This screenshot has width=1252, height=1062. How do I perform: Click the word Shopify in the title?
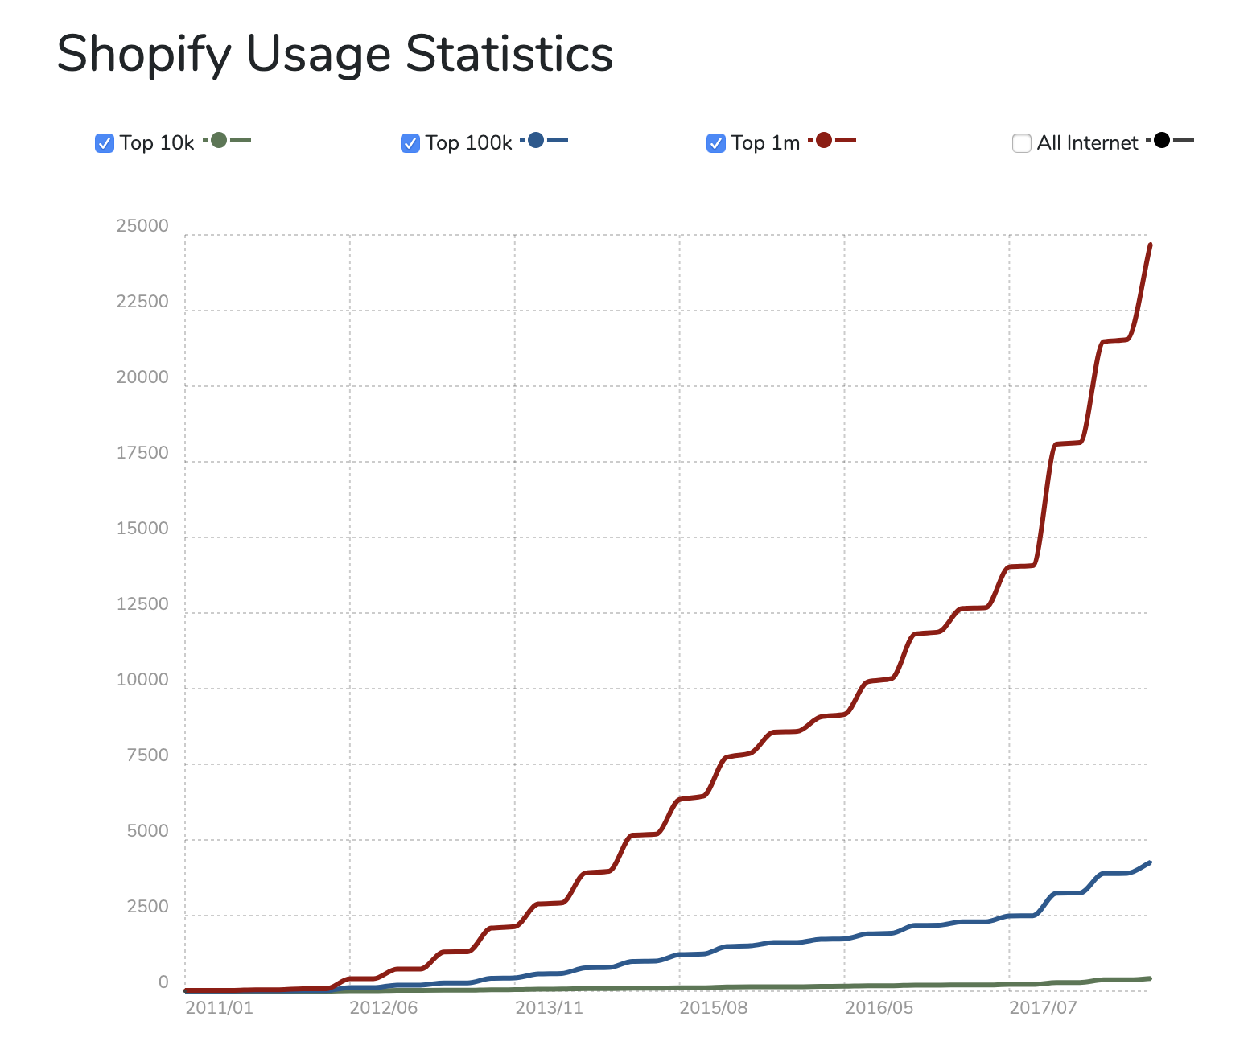point(144,55)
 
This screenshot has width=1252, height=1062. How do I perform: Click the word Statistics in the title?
point(509,55)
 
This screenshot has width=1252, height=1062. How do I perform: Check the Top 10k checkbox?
point(105,143)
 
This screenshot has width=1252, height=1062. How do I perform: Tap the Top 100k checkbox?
point(410,143)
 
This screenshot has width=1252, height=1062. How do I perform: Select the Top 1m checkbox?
point(716,143)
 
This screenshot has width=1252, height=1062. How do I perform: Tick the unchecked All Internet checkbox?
point(1022,143)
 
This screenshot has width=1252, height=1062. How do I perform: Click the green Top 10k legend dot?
point(218,141)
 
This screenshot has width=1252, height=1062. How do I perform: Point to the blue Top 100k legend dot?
point(536,141)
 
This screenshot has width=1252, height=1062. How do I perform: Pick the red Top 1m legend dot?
point(823,141)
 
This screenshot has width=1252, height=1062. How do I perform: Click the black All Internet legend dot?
point(1161,141)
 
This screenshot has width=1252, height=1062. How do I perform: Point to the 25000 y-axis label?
point(142,226)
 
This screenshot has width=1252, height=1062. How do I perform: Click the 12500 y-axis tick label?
point(142,604)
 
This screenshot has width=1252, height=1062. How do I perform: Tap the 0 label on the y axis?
point(163,982)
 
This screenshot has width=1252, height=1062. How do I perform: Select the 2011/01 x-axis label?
point(219,1007)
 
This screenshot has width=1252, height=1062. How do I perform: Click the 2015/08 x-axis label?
point(713,1007)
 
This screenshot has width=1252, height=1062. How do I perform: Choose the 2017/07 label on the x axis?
point(1043,1007)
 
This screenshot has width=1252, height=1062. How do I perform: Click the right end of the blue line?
point(1150,862)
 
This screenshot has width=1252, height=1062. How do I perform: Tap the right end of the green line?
point(1150,978)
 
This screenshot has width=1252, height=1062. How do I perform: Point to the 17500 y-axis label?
point(142,453)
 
